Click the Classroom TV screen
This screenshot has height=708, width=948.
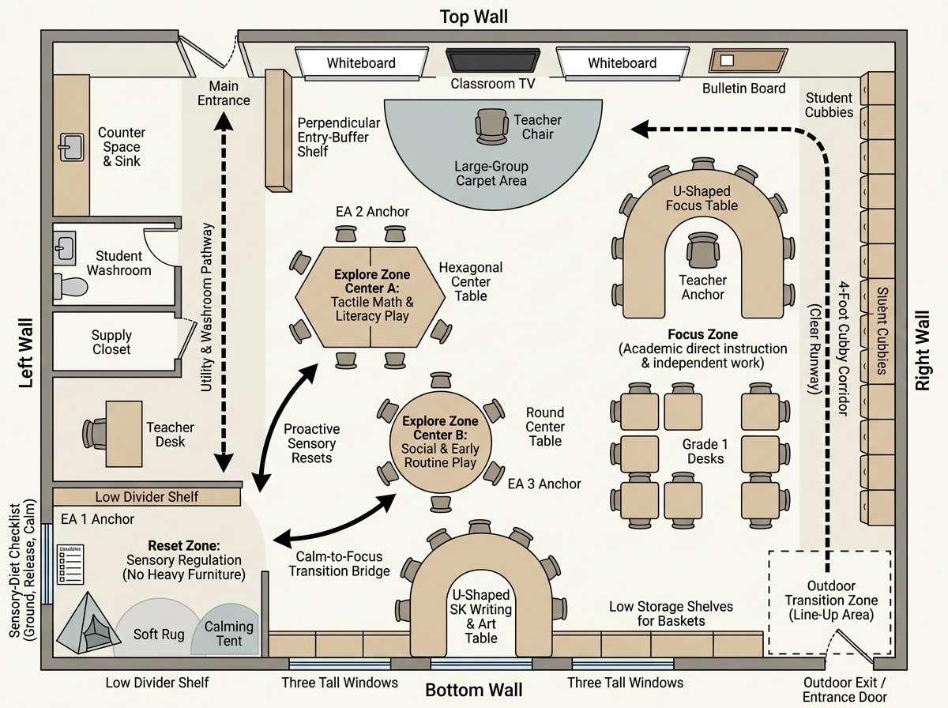[493, 61]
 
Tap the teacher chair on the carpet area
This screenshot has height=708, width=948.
[491, 126]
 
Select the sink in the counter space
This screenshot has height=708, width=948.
[71, 147]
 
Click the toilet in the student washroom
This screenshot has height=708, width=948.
[70, 286]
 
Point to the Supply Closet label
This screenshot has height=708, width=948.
[111, 342]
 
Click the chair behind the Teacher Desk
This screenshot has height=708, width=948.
[94, 434]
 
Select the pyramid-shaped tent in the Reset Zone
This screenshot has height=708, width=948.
[88, 623]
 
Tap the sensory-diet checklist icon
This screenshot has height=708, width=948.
[70, 564]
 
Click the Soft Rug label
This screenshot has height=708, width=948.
[159, 635]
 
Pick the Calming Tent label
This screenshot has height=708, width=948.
[229, 633]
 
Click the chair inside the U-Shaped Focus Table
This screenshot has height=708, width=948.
[702, 250]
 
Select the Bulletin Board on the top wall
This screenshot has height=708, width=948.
[748, 61]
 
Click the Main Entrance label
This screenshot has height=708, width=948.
[224, 93]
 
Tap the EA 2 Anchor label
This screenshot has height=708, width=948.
[372, 212]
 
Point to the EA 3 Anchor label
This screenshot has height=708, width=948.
[544, 484]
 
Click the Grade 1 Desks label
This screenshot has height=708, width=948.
[705, 451]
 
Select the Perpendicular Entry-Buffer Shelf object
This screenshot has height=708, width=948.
[278, 130]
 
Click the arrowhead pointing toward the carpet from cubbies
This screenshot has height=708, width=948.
[640, 129]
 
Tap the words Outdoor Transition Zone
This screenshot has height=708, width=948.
[831, 593]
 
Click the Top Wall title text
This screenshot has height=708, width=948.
[474, 17]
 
